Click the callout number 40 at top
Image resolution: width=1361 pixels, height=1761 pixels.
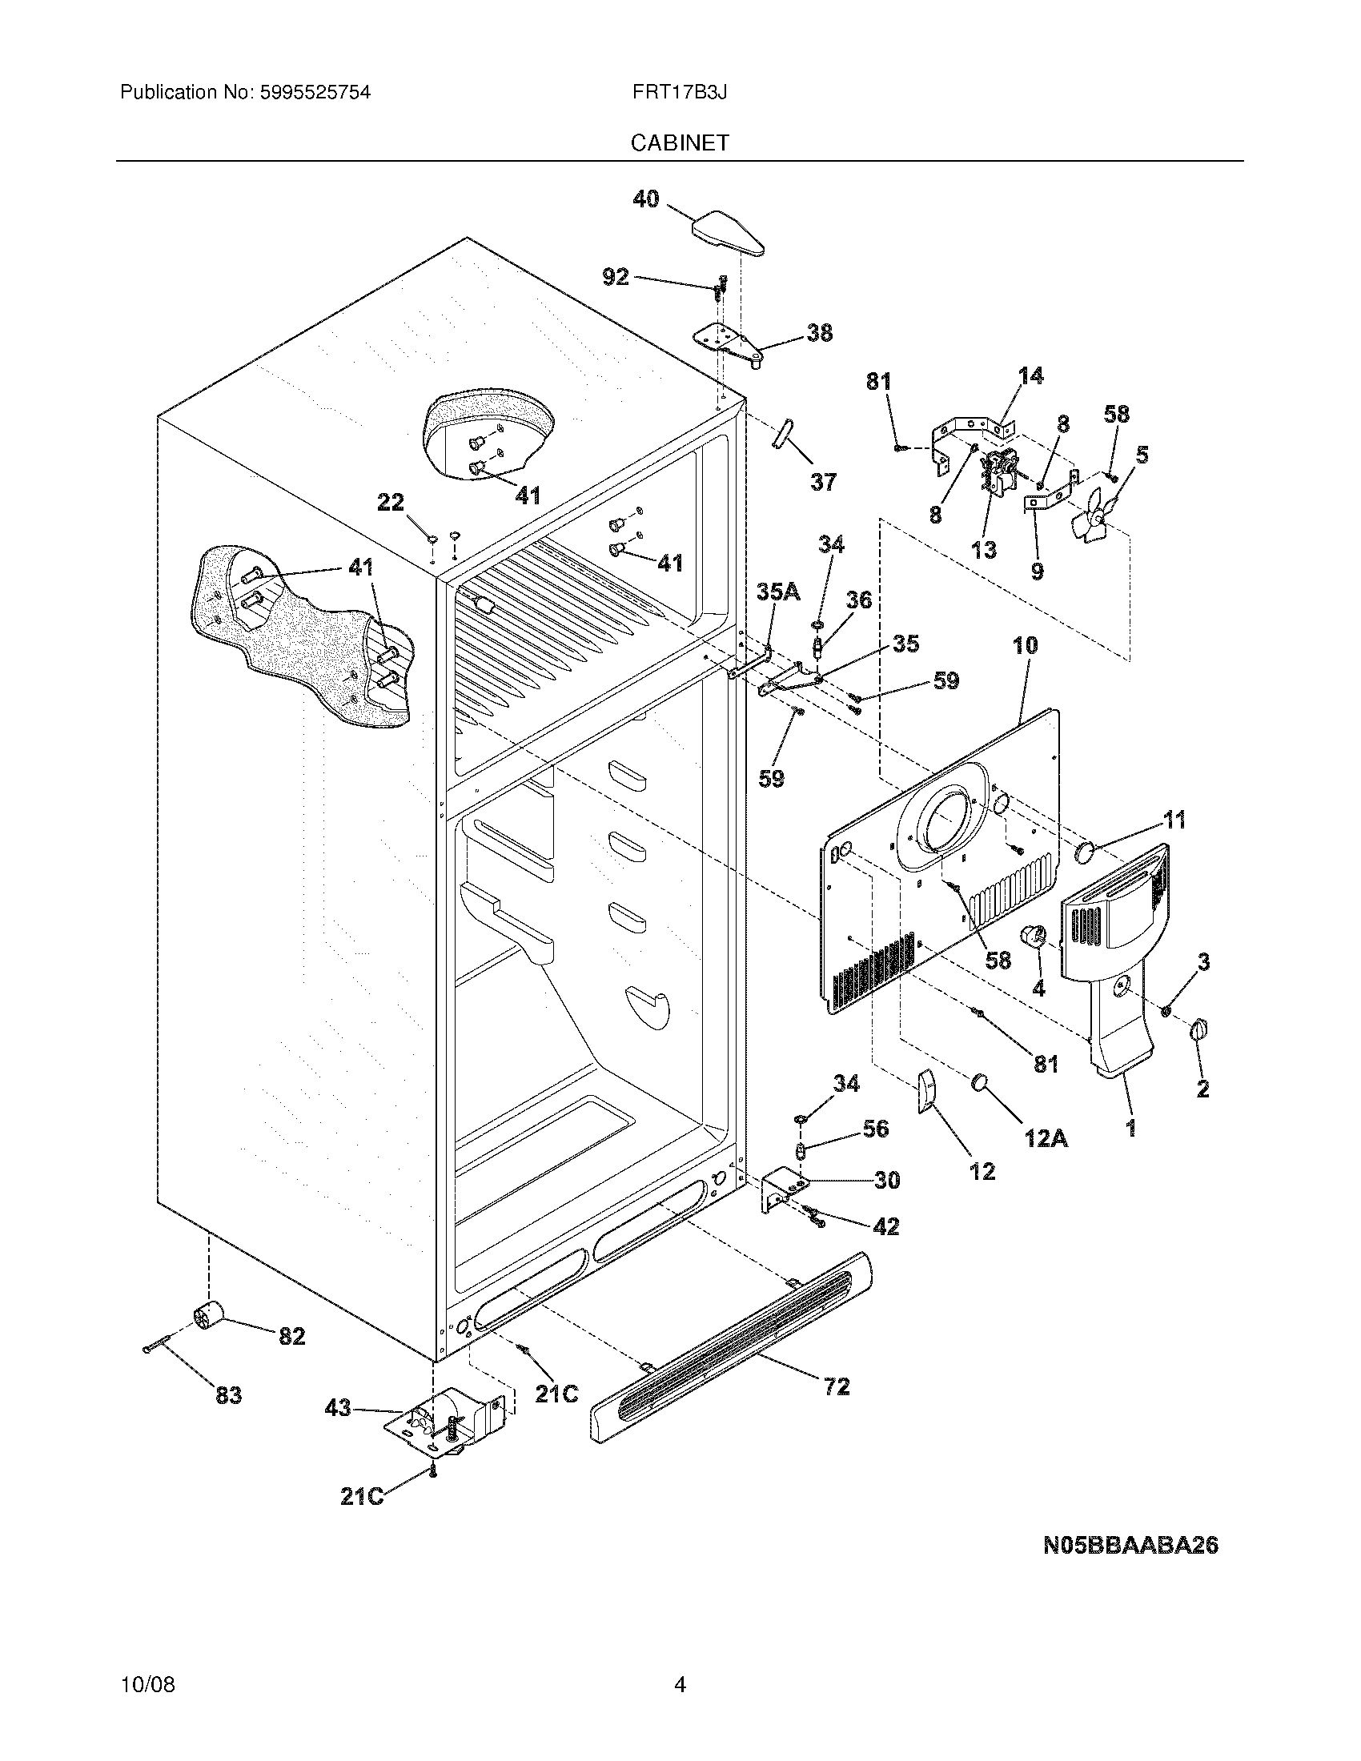[x=645, y=199]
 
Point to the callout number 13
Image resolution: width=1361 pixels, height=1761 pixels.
[x=984, y=550]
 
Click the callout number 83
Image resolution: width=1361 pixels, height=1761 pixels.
[x=228, y=1395]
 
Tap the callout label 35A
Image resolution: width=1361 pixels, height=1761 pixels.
[x=778, y=592]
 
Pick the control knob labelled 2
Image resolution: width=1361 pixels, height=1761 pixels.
[x=1199, y=1029]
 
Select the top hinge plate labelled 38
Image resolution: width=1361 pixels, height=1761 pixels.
[x=729, y=343]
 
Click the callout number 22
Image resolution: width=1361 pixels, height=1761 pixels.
[x=391, y=503]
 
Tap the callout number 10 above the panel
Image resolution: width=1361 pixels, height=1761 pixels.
[x=1025, y=645]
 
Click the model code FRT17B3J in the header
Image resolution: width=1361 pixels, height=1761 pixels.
[x=680, y=92]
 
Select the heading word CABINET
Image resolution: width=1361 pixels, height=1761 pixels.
[x=680, y=142]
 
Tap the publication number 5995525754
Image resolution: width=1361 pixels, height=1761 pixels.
[x=315, y=92]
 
